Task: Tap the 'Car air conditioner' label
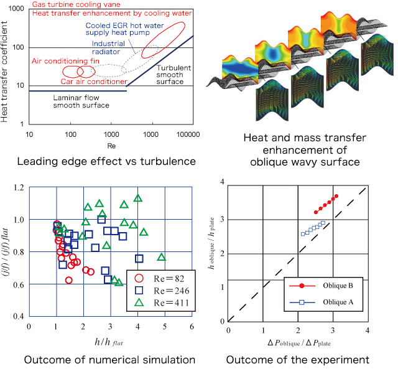tap(91, 82)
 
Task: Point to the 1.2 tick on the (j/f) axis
tap(20, 188)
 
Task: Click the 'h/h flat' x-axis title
tap(111, 342)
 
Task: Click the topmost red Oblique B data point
tap(336, 197)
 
